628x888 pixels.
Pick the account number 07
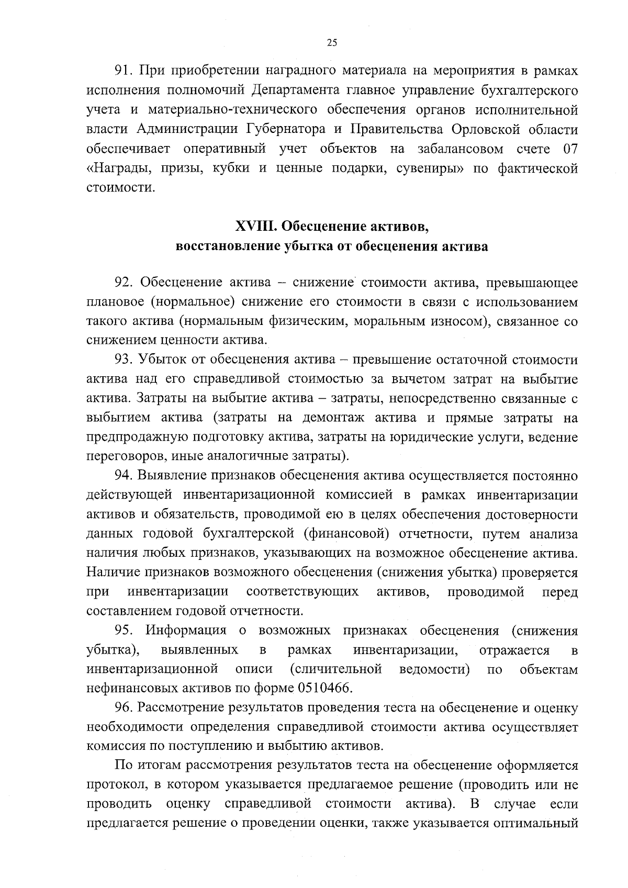click(x=570, y=149)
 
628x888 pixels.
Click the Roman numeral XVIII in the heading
click(x=255, y=227)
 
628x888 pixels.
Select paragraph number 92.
click(x=126, y=283)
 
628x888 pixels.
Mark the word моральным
click(x=384, y=321)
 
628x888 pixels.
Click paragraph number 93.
click(x=126, y=360)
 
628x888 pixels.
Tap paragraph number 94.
click(x=126, y=476)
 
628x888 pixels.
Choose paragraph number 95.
click(x=126, y=630)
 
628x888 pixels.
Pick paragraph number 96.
click(x=126, y=708)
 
